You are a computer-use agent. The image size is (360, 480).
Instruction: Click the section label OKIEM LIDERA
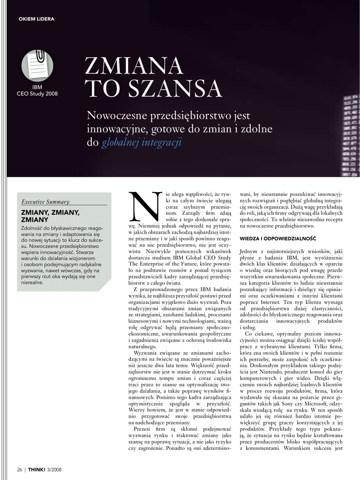point(36,19)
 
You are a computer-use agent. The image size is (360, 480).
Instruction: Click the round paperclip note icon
point(37,66)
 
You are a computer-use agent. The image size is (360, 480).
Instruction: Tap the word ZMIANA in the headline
point(134,66)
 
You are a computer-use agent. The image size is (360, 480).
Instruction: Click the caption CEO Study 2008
point(37,94)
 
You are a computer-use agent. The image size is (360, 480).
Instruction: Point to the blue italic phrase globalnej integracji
point(141,142)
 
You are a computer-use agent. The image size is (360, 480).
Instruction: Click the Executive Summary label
point(45,202)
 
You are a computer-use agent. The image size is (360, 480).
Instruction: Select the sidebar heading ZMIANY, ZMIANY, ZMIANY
point(50,216)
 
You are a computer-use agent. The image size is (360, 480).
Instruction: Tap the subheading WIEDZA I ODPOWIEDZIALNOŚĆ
point(277,239)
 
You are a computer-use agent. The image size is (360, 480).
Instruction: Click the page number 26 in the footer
point(20,470)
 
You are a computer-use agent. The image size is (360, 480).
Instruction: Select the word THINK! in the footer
point(37,470)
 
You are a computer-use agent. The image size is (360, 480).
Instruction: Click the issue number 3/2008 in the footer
point(54,470)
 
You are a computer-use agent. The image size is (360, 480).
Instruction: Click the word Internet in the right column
point(268,303)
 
